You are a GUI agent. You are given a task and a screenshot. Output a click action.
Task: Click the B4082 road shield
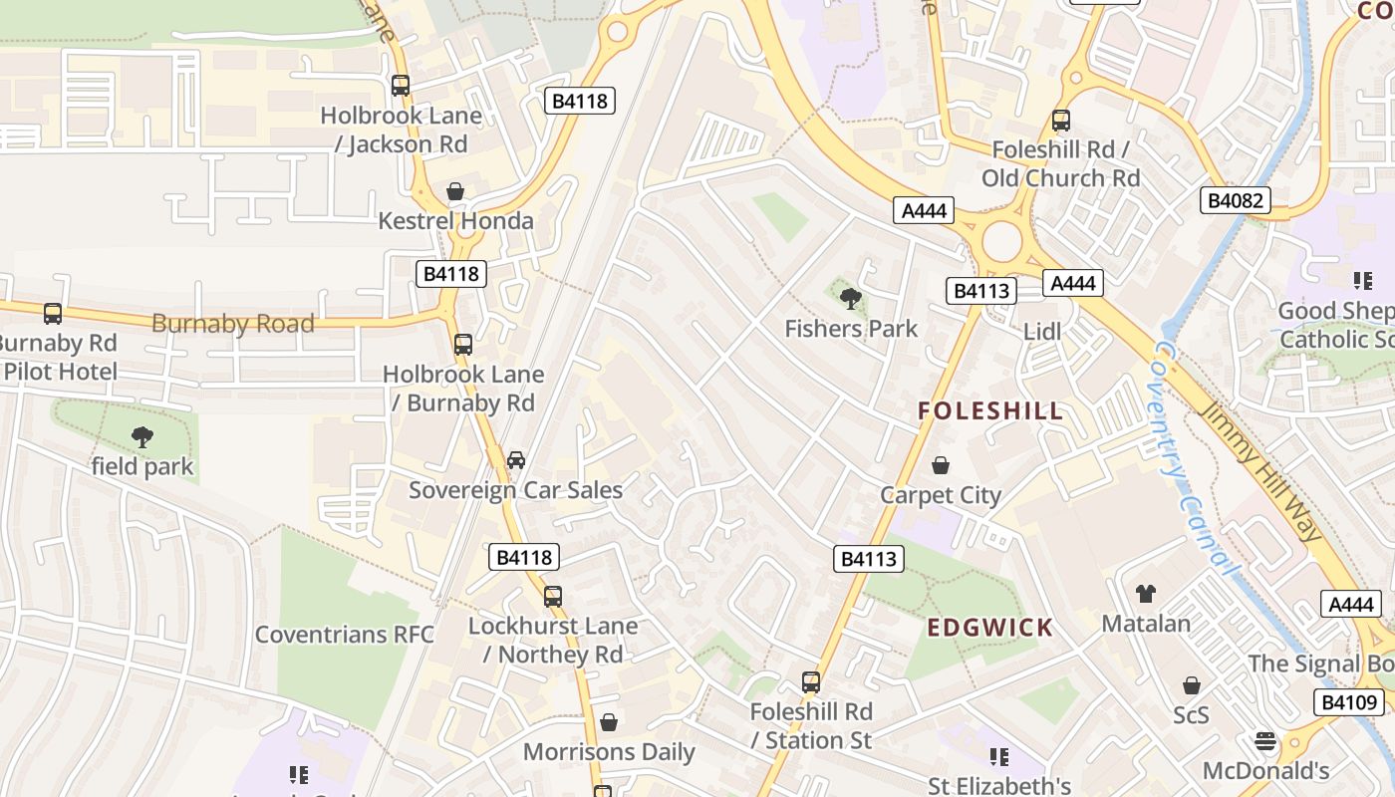[x=1236, y=200]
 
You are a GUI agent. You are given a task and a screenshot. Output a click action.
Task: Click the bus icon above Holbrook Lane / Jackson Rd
[x=401, y=86]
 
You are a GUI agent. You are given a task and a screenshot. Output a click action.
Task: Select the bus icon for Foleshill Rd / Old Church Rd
[x=1061, y=121]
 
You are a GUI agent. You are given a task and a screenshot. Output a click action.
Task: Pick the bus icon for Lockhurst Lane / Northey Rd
[x=553, y=597]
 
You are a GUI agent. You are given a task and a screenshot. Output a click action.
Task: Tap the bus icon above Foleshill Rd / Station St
[x=811, y=682]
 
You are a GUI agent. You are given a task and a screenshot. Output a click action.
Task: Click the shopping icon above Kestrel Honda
[x=455, y=191]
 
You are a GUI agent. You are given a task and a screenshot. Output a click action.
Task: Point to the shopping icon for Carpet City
[x=940, y=465]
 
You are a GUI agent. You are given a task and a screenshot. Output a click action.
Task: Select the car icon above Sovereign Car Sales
[x=516, y=460]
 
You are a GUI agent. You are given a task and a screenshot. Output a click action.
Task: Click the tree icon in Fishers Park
[x=851, y=298]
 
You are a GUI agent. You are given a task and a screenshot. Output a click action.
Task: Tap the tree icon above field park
[x=142, y=436]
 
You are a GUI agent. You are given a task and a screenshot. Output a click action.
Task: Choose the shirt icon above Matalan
[x=1146, y=594]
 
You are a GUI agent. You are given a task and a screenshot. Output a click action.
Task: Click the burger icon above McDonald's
[x=1265, y=741]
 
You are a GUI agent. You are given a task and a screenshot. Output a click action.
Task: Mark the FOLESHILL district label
[x=990, y=410]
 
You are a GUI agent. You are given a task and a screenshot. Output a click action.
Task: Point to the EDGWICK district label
[x=990, y=628]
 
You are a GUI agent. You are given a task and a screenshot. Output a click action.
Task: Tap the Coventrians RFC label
[x=345, y=635]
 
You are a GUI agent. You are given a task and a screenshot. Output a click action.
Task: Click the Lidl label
[x=1042, y=332]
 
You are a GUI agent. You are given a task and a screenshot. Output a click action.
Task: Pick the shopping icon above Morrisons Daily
[x=609, y=722]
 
